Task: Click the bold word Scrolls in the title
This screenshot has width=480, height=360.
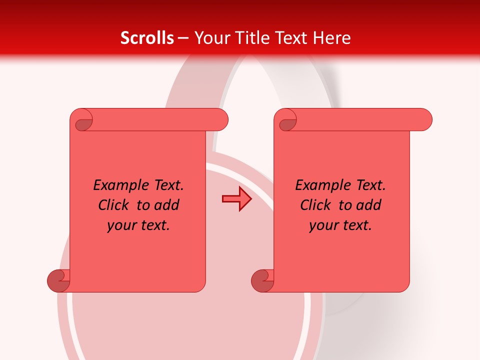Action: pyautogui.click(x=147, y=38)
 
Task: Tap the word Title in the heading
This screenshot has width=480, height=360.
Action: pyautogui.click(x=251, y=38)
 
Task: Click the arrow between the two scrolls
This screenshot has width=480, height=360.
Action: pyautogui.click(x=236, y=199)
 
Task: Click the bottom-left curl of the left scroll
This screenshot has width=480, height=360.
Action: pyautogui.click(x=59, y=280)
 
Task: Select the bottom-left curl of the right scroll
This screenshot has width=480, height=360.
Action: pyautogui.click(x=262, y=280)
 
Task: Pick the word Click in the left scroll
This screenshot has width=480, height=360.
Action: pyautogui.click(x=112, y=205)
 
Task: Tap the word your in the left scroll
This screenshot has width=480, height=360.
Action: pyautogui.click(x=120, y=225)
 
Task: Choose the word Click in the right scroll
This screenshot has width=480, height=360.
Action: pyautogui.click(x=314, y=205)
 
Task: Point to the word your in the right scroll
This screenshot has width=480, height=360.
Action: pyautogui.click(x=322, y=225)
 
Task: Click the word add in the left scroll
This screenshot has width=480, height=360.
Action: pyautogui.click(x=166, y=205)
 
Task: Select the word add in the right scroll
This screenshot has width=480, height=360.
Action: pyautogui.click(x=368, y=205)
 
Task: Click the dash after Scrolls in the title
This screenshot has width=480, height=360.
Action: pyautogui.click(x=183, y=38)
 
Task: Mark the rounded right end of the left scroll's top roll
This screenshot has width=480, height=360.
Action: pyautogui.click(x=220, y=120)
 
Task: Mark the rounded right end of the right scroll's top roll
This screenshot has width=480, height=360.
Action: pyautogui.click(x=424, y=120)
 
